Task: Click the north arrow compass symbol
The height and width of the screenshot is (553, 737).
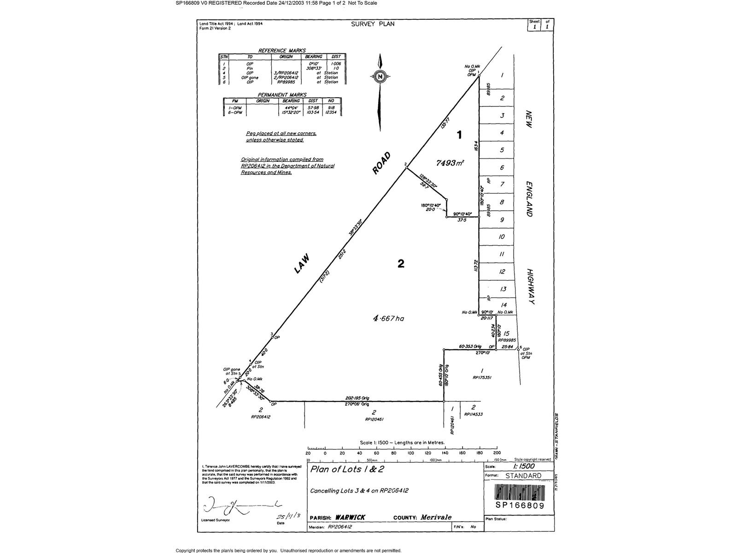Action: point(380,77)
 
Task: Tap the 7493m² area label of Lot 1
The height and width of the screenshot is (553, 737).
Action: point(450,163)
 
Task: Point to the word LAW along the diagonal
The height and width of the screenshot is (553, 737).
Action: point(302,264)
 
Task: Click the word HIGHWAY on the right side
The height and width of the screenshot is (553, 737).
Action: point(530,287)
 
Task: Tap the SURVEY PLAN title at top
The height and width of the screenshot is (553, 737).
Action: point(373,24)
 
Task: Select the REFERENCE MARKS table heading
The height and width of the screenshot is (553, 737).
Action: point(282,51)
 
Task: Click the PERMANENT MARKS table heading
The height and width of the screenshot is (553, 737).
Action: point(282,95)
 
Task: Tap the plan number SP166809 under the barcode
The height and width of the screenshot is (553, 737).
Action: point(520,506)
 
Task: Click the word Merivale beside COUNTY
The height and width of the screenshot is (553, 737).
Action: point(436,517)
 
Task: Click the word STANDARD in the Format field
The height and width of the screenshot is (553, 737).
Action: point(523,476)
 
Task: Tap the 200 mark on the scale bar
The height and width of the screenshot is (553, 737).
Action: point(497,453)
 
